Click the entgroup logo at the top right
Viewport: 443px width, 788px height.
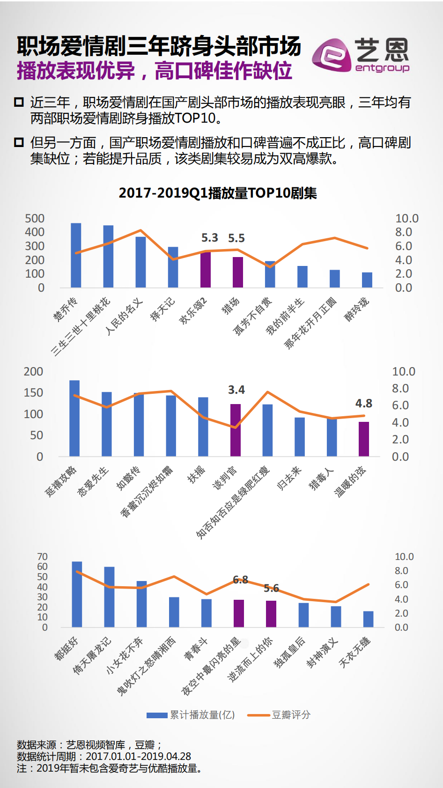[361, 55]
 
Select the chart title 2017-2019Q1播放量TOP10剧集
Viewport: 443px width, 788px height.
[218, 193]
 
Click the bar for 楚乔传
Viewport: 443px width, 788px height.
[76, 255]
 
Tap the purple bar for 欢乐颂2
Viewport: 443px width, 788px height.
[206, 269]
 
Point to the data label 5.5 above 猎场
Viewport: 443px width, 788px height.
[236, 238]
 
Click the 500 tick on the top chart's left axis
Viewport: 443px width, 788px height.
[35, 219]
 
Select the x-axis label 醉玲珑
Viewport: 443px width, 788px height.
[357, 309]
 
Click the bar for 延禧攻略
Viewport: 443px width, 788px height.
[74, 418]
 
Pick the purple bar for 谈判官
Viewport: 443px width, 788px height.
[236, 430]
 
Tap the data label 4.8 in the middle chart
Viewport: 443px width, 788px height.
[364, 404]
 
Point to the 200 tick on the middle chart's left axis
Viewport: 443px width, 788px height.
[33, 372]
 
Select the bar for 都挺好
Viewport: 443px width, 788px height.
[77, 594]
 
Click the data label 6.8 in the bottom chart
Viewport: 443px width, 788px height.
[240, 580]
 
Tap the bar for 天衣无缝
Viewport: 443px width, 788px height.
[368, 619]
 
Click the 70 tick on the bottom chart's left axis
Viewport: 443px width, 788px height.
[42, 557]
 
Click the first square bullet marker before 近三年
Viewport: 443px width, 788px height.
[19, 102]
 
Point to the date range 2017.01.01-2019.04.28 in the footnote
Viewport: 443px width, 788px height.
[138, 756]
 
